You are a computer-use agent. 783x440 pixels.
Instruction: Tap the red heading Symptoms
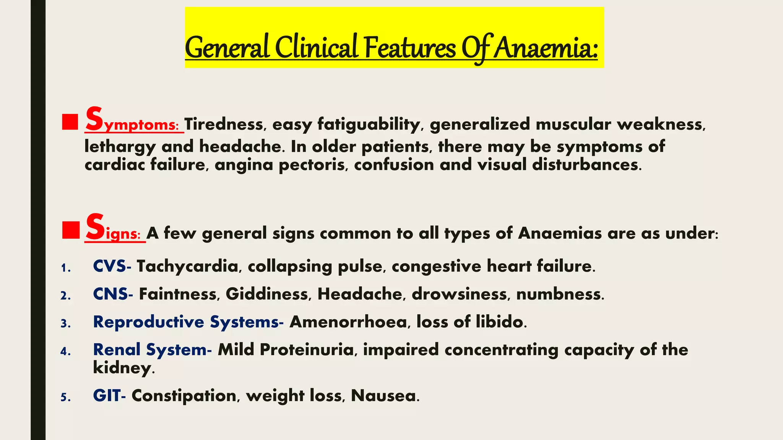(x=132, y=121)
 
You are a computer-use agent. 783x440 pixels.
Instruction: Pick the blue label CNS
(x=111, y=294)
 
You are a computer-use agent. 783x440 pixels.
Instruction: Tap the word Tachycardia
(x=187, y=266)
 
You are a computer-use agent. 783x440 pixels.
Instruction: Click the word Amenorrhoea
(x=348, y=322)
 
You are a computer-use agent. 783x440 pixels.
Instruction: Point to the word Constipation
(x=184, y=396)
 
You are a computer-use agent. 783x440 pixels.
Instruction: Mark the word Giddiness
(x=267, y=294)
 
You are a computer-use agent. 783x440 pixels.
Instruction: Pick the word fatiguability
(x=369, y=125)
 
